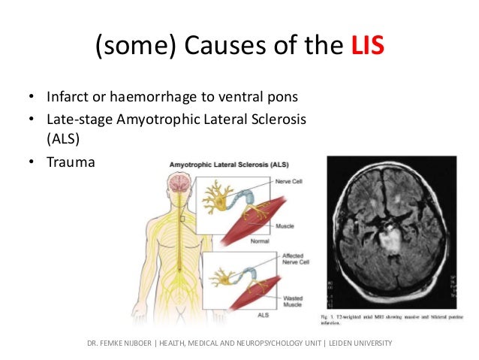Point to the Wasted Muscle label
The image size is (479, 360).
pyautogui.click(x=285, y=303)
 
